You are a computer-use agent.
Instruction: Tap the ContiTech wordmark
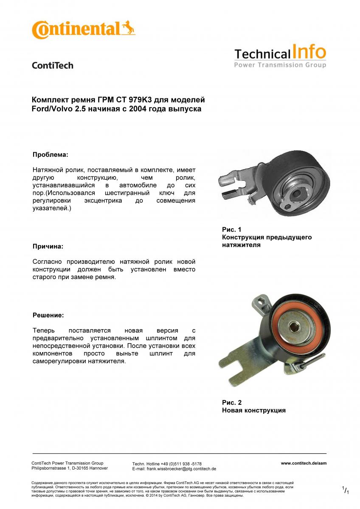coord(53,65)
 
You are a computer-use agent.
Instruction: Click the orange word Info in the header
coord(309,53)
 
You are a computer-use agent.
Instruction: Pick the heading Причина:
coord(48,246)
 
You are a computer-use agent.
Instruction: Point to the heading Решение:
coord(48,315)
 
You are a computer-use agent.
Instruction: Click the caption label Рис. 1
coord(232,229)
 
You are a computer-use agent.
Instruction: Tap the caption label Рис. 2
coord(232,403)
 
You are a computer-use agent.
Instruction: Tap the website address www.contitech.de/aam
coord(304,464)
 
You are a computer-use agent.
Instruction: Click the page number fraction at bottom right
coord(346,490)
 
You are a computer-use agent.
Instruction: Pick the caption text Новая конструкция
coord(253,410)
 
